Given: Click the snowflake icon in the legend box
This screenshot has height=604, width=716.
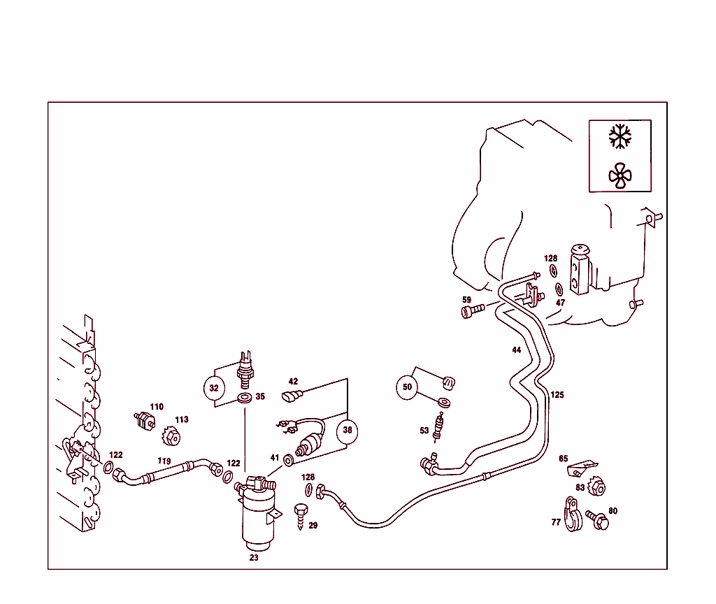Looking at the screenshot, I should pyautogui.click(x=620, y=136).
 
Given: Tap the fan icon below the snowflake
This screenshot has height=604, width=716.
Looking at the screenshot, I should pyautogui.click(x=620, y=176).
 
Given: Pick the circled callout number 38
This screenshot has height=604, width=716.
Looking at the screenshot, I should pyautogui.click(x=348, y=431).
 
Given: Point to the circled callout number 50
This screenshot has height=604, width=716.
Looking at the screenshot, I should pyautogui.click(x=407, y=387).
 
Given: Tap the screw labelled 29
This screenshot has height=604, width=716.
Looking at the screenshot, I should pyautogui.click(x=302, y=514).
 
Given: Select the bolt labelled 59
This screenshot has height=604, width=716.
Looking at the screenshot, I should pyautogui.click(x=473, y=309).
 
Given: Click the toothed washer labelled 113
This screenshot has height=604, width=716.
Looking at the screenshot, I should pyautogui.click(x=170, y=436).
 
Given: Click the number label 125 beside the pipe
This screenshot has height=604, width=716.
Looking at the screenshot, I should pyautogui.click(x=557, y=395).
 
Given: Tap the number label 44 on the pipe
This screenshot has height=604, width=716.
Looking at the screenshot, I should pyautogui.click(x=516, y=350).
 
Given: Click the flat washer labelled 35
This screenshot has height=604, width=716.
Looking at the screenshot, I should pyautogui.click(x=245, y=398).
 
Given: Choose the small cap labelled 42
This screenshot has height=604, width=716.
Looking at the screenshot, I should pyautogui.click(x=291, y=397).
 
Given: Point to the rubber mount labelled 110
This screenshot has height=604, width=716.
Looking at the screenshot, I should pyautogui.click(x=145, y=421).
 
